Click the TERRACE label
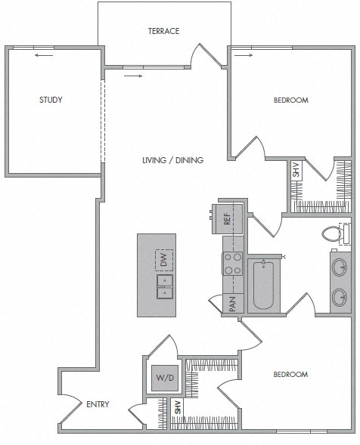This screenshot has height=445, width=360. pos(163,31)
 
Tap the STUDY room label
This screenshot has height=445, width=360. pos(51,100)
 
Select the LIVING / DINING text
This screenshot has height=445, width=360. pos(172,160)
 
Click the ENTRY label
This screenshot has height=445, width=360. pos(98,404)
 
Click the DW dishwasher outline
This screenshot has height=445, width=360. pos(164,259)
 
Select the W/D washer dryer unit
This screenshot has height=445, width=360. pos(165,378)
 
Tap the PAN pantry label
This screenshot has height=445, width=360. pos(232,304)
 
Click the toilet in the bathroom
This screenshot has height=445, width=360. pos(337,233)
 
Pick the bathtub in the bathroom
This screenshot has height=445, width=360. pos(263,285)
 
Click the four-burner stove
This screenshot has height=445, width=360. pos(232,264)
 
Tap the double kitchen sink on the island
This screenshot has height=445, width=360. pos(165,286)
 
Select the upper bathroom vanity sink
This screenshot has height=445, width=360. pos(340,267)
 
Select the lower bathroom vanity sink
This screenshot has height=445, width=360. pos(340,297)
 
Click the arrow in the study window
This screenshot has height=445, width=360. pos(44,55)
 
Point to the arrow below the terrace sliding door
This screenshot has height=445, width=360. pos(133,76)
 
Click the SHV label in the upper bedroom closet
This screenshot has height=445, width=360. pos(296,169)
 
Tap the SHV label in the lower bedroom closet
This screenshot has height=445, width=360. pos(177,407)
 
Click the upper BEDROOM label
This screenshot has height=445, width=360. pos(291,100)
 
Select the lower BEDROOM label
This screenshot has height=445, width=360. pos(290,374)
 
